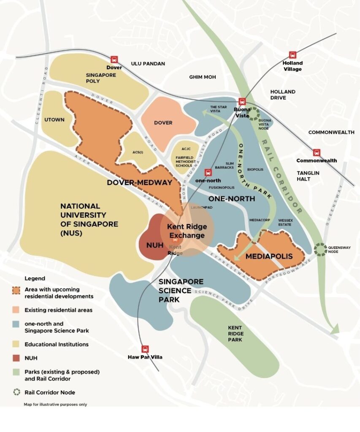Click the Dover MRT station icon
[114, 60]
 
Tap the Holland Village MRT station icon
[292, 55]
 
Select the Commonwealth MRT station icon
[317, 153]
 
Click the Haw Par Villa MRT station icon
[145, 349]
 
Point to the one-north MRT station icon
[208, 172]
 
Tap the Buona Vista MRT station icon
[242, 101]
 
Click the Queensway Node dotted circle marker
[321, 249]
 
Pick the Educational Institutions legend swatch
[16, 344]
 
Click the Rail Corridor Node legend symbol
[16, 392]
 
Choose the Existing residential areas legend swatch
[16, 310]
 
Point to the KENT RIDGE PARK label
[235, 333]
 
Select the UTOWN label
[54, 120]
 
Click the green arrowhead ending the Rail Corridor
[335, 329]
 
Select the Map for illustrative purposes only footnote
[55, 405]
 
